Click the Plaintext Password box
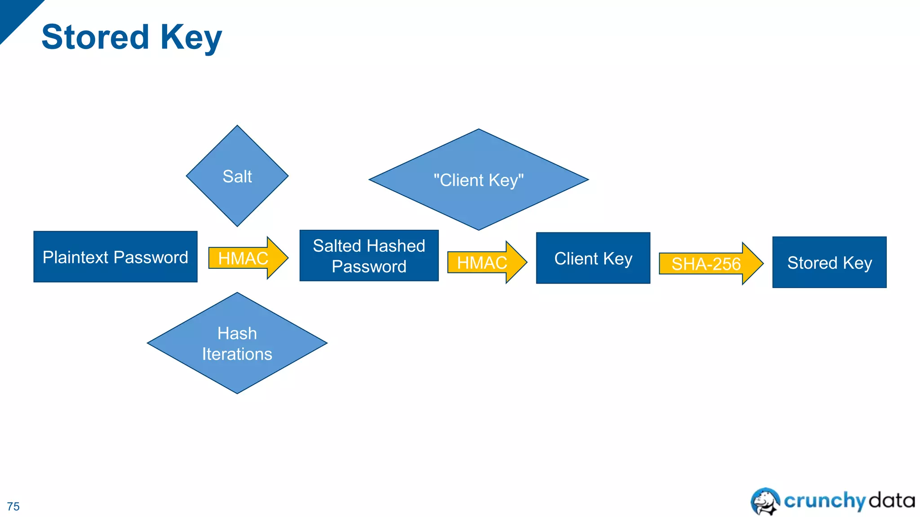point(115,257)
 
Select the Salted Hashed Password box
point(369,256)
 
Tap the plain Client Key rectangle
point(593,258)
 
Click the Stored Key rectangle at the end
point(829,262)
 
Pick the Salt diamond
point(237,176)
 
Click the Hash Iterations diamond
point(237,343)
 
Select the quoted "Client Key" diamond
point(478,180)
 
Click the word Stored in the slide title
point(95,37)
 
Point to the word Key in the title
point(191,38)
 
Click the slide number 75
point(13,506)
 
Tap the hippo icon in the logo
point(765,501)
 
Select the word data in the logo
point(891,500)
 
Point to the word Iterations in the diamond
point(237,354)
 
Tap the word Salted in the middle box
point(337,246)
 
